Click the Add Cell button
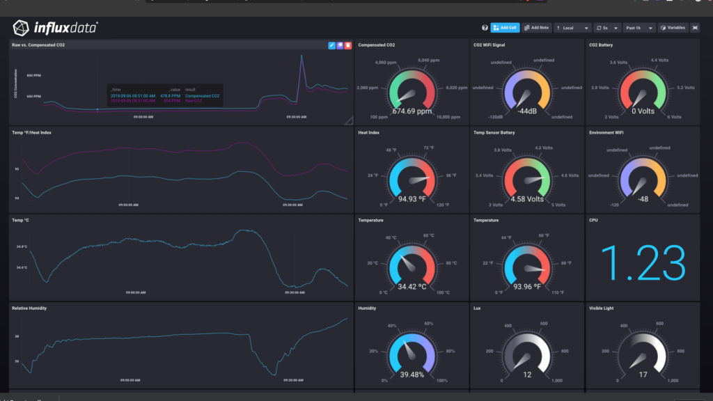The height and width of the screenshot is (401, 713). pos(505,28)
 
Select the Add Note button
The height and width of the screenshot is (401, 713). pos(536,28)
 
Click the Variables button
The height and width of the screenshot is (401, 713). pos(673,28)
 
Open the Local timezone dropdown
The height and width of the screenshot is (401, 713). pos(572,28)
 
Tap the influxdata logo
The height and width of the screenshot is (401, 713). pos(55,28)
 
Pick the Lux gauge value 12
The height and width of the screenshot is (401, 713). pos(526,374)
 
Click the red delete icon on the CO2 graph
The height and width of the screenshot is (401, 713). pos(348,45)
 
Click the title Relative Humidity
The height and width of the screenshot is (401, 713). pos(29,308)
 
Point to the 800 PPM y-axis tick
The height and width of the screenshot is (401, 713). pos(34,75)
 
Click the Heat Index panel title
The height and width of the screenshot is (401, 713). pos(369,132)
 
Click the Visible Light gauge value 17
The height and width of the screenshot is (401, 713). pos(643,374)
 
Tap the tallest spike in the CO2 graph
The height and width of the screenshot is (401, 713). pos(301,56)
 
